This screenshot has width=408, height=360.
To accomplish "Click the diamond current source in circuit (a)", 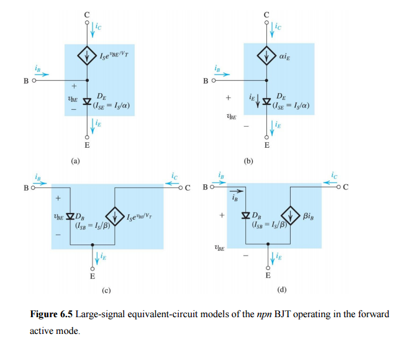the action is (x=87, y=55).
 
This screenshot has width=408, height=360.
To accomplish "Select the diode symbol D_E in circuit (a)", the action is (x=87, y=101).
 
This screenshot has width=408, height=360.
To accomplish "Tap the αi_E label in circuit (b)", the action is (x=284, y=56).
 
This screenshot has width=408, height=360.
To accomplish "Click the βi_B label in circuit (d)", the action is (x=309, y=216).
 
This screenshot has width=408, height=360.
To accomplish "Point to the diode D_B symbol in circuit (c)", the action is (x=70, y=216).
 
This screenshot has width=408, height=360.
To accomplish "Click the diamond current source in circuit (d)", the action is (x=291, y=215).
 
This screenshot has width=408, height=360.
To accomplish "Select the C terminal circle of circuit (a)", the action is (x=87, y=22).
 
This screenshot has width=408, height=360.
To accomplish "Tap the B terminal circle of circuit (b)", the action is (x=214, y=81).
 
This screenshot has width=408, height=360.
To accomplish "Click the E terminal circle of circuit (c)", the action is (x=93, y=269).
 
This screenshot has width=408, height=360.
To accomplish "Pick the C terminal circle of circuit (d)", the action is (x=338, y=187).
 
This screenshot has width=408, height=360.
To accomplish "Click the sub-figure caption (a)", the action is (x=76, y=161).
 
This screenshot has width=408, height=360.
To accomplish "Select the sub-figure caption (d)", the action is (x=282, y=289).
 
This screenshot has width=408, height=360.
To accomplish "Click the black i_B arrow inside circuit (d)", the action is (x=236, y=191).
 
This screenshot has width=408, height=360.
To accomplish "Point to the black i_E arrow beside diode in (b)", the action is (x=258, y=101).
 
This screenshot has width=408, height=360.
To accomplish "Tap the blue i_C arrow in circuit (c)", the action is (x=172, y=183).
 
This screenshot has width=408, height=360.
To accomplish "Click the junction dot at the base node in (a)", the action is (x=87, y=80).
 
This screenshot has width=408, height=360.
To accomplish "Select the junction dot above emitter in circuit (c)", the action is (x=93, y=245).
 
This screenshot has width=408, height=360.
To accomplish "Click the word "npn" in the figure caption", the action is (x=264, y=315).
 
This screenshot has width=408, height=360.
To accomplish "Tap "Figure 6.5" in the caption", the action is (x=52, y=314).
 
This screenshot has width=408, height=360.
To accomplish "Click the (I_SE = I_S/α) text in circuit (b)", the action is (x=291, y=106).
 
